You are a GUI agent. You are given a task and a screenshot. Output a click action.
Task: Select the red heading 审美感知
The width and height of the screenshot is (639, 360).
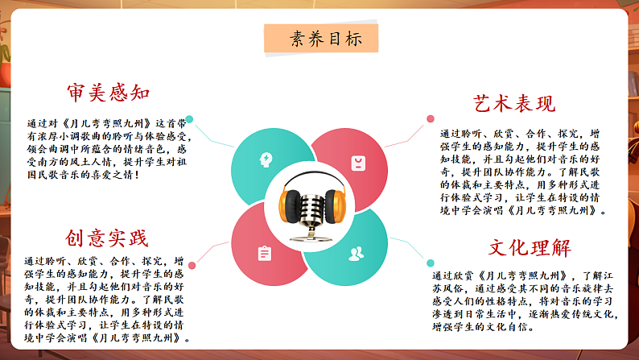point(109,93)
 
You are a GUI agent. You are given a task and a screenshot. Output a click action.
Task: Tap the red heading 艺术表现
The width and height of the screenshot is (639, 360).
point(513,103)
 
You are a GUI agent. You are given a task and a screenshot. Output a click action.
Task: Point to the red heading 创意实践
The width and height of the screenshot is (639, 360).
point(108,238)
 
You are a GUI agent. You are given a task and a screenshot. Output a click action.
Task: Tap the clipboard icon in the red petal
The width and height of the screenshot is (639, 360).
point(264,254)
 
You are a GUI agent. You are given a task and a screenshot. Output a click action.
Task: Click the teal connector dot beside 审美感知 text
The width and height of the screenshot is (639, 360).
point(190,119)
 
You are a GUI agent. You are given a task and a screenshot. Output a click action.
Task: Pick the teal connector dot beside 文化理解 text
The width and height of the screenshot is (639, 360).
point(431,263)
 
